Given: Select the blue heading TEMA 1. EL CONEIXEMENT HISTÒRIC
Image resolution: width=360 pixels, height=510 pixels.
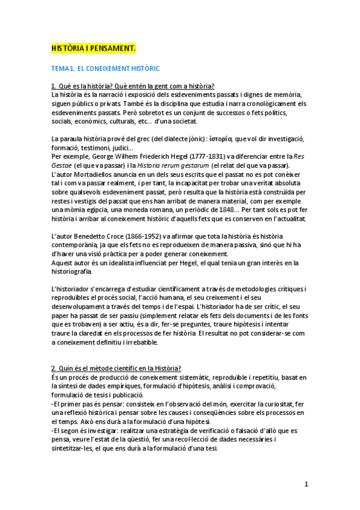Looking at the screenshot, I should [106, 70].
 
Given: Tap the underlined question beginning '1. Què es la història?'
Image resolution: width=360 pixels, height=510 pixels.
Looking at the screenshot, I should [133, 87].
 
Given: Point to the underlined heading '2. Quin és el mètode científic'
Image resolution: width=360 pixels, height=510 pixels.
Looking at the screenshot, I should [117, 368].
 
